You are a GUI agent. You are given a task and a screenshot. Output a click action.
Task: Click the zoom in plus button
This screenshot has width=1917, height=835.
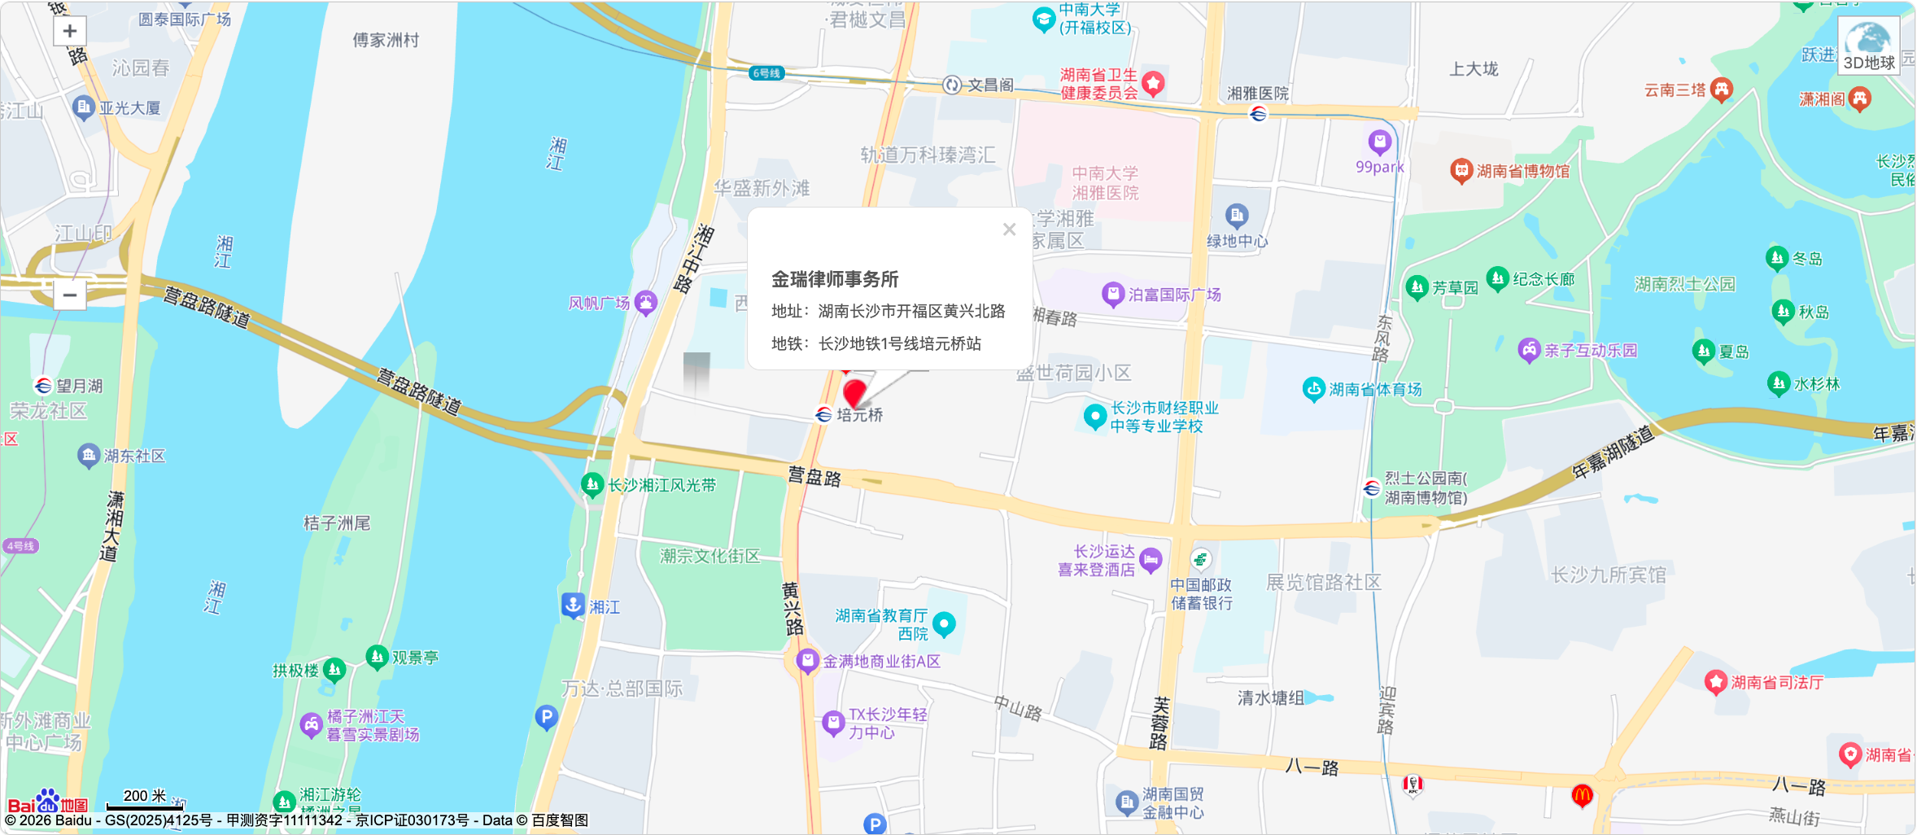[70, 32]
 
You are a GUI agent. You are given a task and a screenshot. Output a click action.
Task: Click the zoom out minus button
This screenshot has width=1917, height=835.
[70, 295]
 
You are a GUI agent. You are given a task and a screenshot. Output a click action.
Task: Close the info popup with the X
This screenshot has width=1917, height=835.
[1009, 230]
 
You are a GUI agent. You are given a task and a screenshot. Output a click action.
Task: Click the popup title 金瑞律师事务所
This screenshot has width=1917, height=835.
[835, 279]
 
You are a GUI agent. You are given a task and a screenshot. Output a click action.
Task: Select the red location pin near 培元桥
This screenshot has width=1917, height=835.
[854, 393]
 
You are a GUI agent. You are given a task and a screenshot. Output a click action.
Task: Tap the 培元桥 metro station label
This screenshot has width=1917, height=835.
[859, 415]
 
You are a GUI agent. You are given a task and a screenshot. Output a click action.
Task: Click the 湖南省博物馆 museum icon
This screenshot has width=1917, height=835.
[1461, 171]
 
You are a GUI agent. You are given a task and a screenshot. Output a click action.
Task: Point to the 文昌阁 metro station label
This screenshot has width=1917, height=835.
[989, 85]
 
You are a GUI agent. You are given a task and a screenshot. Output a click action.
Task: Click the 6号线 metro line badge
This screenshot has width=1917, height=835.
[766, 73]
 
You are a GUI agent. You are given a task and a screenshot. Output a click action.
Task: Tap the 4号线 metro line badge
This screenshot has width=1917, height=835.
[20, 546]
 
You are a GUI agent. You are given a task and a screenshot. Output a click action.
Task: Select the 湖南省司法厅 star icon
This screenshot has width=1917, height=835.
[1716, 682]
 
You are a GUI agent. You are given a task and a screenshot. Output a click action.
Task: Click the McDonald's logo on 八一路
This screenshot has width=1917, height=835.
[1582, 795]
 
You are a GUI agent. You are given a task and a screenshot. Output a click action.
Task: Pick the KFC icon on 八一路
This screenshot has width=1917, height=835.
[1413, 785]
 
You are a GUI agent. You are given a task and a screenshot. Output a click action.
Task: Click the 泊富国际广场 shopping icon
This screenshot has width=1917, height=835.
[1112, 295]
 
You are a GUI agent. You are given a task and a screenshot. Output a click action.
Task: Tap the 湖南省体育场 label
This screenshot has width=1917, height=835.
[1375, 390]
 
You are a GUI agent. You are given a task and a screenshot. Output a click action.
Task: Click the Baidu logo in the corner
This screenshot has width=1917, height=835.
[47, 803]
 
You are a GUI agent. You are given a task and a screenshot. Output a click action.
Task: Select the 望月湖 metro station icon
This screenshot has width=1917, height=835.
[43, 386]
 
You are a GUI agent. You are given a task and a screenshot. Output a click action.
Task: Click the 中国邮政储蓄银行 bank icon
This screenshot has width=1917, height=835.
[1200, 559]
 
